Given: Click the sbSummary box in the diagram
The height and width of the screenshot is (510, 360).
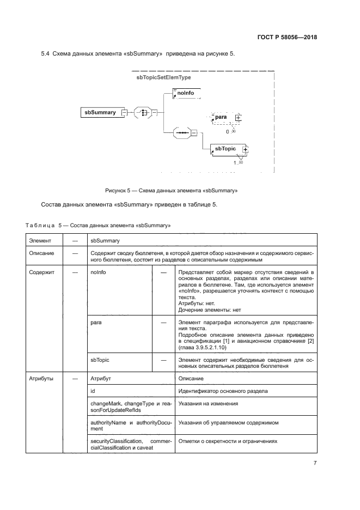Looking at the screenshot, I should tap(100, 112).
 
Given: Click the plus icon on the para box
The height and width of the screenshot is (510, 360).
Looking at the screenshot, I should tap(238, 117).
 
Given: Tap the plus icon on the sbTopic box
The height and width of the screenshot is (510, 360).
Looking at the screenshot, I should tap(245, 149).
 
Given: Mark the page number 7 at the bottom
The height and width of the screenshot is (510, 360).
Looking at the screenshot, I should tap(315, 463).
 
